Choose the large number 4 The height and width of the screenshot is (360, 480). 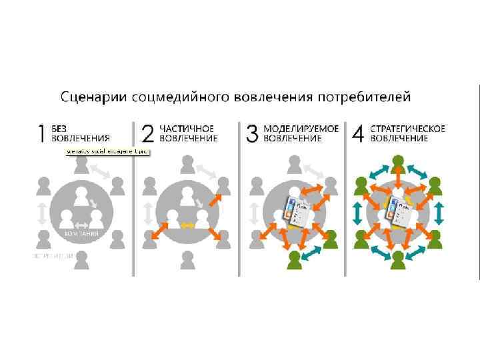click(x=358, y=133)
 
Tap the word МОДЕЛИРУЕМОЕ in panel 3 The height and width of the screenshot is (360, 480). click(x=301, y=128)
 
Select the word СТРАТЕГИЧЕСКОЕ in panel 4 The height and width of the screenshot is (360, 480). click(x=408, y=128)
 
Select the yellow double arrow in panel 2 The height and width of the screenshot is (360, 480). click(x=188, y=225)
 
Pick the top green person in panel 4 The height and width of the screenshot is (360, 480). click(x=399, y=163)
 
